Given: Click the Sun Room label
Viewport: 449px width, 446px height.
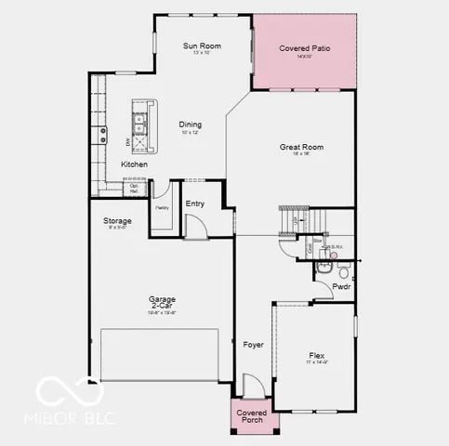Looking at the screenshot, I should coord(201,45).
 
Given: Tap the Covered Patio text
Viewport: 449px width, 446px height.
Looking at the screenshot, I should coord(305,48).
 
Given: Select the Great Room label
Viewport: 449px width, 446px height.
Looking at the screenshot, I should coord(301,147).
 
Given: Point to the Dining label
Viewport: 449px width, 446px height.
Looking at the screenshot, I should coord(191,125).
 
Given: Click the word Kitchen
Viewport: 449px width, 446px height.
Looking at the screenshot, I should coord(134,164).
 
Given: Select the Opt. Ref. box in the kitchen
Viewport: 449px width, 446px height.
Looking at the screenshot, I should coord(134,189).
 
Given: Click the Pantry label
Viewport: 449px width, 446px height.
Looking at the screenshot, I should coord(162,208).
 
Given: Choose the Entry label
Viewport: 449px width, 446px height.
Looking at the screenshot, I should coord(195,203).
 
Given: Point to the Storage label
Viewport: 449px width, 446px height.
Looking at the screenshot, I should coord(117,221).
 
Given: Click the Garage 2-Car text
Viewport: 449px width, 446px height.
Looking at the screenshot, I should coord(162,302).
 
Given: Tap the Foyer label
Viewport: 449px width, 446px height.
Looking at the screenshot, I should coord(253,345).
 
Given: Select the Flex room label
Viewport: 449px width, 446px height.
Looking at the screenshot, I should coord(318,355).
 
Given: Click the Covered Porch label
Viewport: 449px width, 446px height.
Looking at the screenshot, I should coord(251,416).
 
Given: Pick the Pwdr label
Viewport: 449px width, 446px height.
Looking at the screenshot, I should coord(342,287).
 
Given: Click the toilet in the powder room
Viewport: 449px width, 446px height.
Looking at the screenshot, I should coord(343,269).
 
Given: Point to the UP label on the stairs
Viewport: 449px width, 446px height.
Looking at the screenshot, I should coord(295,221).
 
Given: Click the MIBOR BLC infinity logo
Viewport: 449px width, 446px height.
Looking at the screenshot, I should coord(59,395).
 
